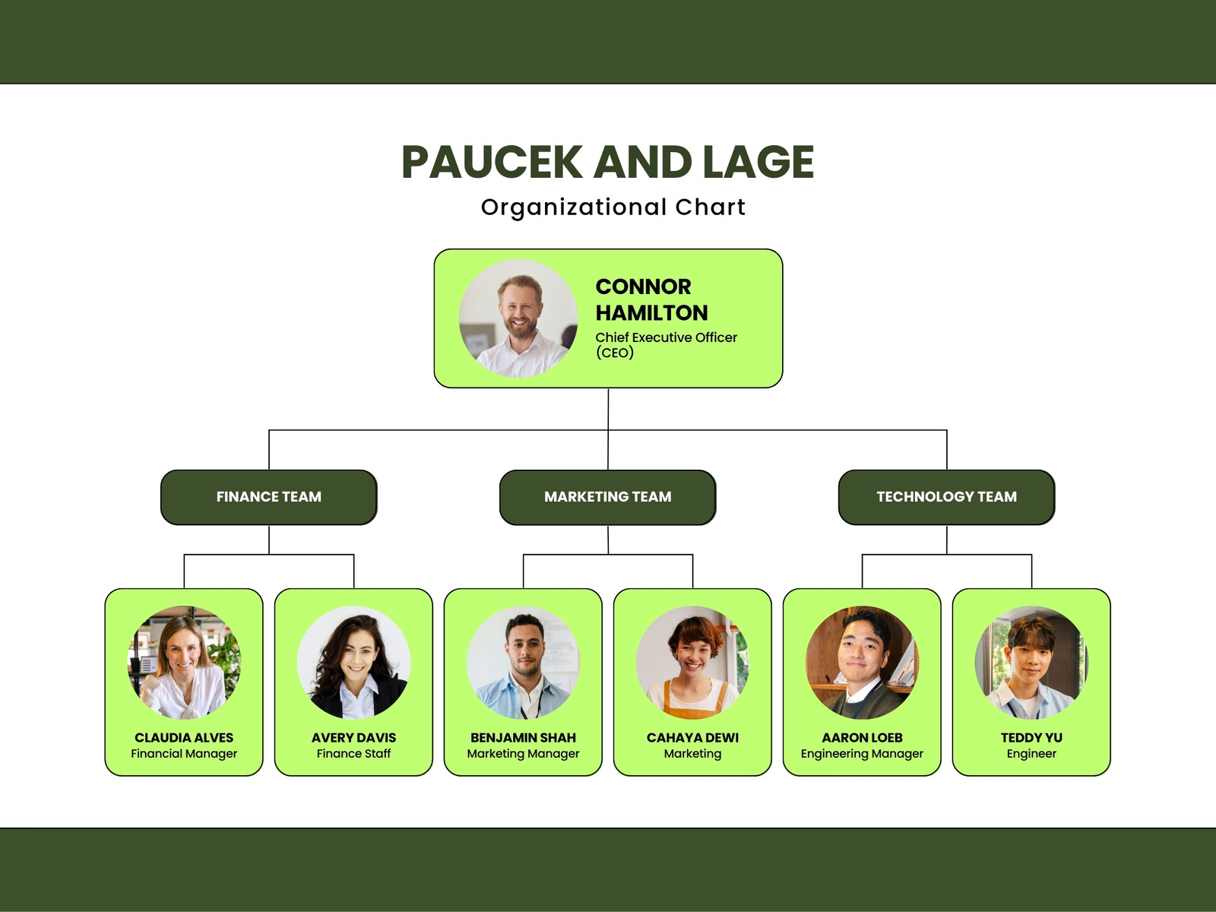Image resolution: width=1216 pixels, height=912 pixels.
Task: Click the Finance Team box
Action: [x=269, y=497]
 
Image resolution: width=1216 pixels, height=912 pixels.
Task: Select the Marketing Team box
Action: [x=608, y=497]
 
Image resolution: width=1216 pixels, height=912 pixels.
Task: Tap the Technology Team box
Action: [x=947, y=497]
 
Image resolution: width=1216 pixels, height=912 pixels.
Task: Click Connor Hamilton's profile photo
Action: [x=518, y=318]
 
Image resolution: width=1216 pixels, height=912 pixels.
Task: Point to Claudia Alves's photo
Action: [x=184, y=662]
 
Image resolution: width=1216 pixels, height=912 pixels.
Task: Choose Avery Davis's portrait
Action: [x=353, y=662]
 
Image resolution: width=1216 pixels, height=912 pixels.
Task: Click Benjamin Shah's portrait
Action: [x=523, y=662]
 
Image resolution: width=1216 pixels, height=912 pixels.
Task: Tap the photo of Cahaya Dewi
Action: [x=692, y=662]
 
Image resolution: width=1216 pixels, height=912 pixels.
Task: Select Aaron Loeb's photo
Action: [x=862, y=662]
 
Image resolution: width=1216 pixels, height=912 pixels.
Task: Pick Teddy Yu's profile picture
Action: [x=1031, y=662]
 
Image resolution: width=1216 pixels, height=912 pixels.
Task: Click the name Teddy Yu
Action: [x=1031, y=737]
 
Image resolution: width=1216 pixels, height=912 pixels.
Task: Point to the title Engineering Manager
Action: [x=862, y=754]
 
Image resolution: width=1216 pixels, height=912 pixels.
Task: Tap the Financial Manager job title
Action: [x=184, y=754]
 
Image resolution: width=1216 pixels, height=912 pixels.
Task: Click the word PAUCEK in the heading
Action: [x=492, y=162]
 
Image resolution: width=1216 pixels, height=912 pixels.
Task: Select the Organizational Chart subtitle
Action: [x=613, y=207]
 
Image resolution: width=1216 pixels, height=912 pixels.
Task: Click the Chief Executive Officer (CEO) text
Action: [x=666, y=345]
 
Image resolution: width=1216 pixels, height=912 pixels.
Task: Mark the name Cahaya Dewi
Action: [x=692, y=737]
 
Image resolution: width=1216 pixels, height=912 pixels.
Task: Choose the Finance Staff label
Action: [x=353, y=754]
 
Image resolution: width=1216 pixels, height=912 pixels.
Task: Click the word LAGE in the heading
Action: [x=758, y=162]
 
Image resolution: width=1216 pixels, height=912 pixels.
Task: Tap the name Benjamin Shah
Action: [x=523, y=737]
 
